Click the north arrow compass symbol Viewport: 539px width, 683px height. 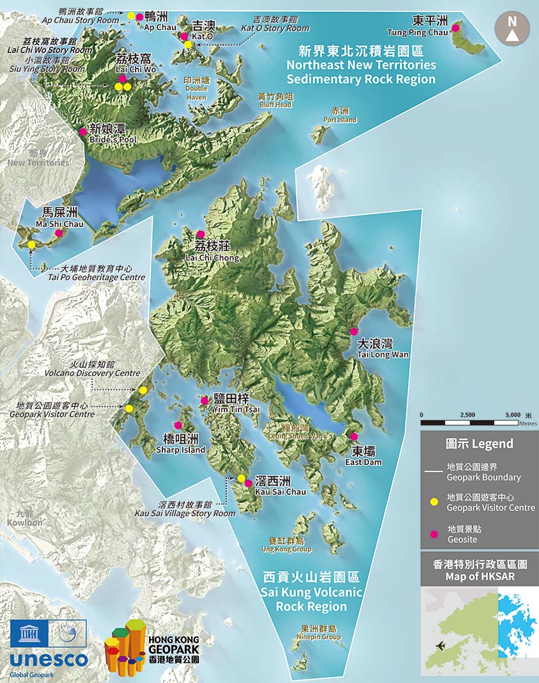click(x=512, y=28)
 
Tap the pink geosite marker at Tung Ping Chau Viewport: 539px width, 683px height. click(x=456, y=27)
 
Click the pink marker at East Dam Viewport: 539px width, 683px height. click(x=354, y=437)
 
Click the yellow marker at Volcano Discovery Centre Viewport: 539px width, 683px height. click(x=143, y=390)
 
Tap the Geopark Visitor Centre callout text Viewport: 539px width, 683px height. click(x=52, y=410)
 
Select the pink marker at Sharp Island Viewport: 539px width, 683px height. click(x=178, y=425)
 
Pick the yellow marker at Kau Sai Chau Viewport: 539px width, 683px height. click(x=241, y=478)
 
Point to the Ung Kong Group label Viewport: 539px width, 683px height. click(x=286, y=545)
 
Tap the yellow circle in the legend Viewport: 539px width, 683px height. click(x=434, y=501)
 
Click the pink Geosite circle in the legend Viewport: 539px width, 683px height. click(x=434, y=534)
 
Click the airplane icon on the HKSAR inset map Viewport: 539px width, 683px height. click(x=440, y=645)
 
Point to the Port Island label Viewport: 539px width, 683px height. click(x=340, y=115)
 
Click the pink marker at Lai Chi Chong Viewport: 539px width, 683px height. click(x=201, y=234)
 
